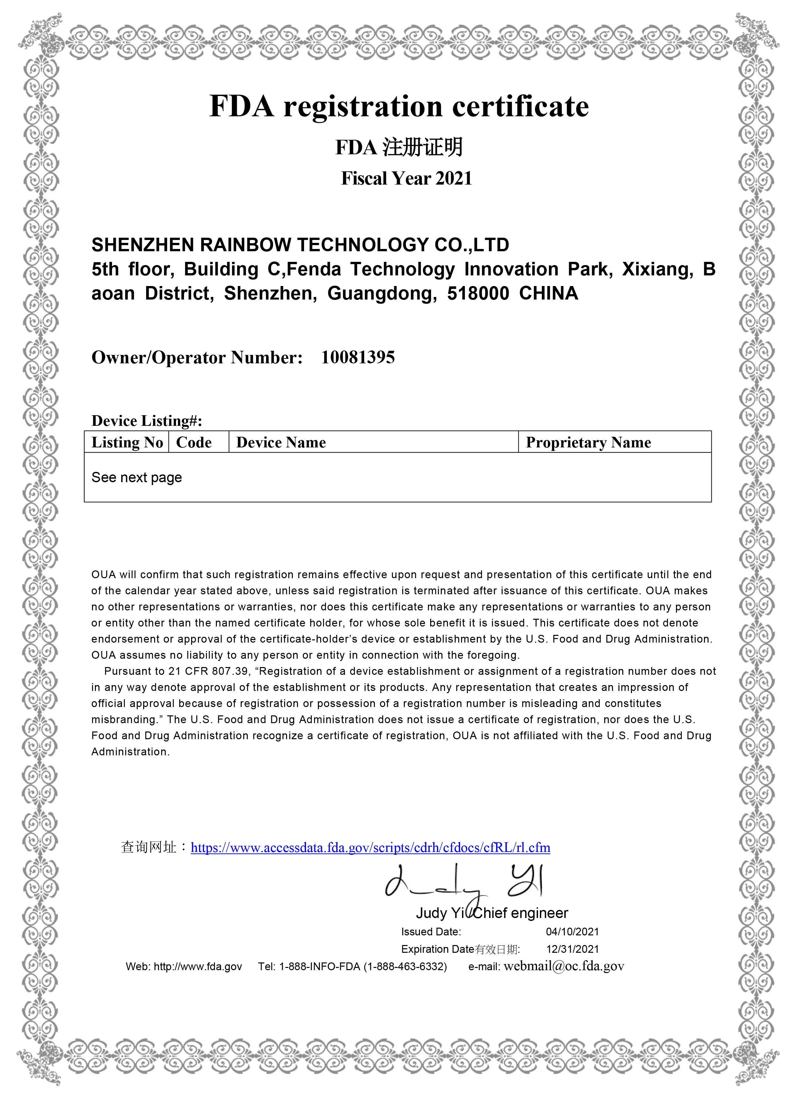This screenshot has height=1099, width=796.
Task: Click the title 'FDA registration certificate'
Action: point(399,106)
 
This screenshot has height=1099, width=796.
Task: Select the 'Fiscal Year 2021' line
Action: point(406,178)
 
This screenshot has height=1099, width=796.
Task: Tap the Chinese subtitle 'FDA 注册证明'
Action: point(399,147)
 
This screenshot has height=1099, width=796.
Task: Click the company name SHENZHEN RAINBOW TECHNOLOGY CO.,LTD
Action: point(300,245)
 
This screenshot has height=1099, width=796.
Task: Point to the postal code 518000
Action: point(478,294)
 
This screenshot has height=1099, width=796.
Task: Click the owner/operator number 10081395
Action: point(358,358)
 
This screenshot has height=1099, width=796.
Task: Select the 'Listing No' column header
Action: point(127,443)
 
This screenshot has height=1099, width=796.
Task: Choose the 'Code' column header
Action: point(194,443)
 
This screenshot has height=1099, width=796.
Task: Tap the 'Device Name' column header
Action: point(281,443)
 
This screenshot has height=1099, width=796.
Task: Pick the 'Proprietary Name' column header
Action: point(588,443)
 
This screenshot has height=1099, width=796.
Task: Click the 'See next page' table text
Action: point(136,478)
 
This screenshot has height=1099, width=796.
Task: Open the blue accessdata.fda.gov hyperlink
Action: point(370,847)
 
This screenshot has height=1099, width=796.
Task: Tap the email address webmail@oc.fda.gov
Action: point(564,966)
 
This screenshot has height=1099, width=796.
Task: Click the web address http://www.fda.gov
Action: point(198,967)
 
